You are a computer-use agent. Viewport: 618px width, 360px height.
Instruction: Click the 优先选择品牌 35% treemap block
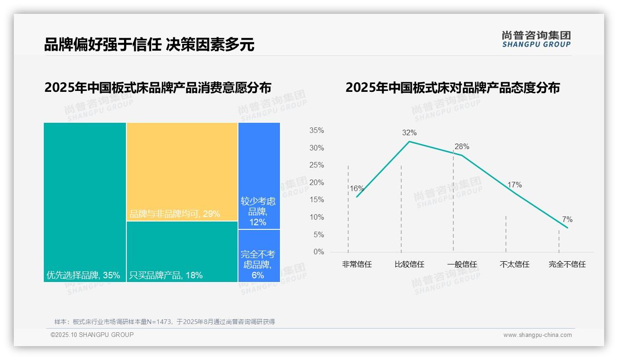point(85,202)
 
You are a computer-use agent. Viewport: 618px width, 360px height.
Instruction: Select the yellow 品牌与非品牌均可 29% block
point(182,172)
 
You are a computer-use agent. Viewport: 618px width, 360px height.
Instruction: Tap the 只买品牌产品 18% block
point(182,252)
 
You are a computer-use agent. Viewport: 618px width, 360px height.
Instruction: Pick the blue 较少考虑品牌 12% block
point(259,176)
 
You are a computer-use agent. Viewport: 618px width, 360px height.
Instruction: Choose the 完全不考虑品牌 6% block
point(259,256)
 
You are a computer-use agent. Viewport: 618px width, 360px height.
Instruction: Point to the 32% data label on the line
point(409,133)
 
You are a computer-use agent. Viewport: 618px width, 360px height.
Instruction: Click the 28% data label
point(462,147)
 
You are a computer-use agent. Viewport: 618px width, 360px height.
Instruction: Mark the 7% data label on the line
point(567,220)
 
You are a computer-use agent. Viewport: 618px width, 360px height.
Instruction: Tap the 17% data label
point(515,185)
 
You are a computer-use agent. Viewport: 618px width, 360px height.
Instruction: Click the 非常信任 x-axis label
point(357,264)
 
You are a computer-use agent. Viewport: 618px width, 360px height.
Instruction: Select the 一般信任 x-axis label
point(462,264)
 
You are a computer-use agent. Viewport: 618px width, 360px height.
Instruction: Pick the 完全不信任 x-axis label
point(567,264)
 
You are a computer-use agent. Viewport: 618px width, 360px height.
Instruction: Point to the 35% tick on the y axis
point(316,131)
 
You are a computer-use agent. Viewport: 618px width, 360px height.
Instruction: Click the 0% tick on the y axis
point(319,252)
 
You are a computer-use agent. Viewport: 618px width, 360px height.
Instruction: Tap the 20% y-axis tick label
point(316,183)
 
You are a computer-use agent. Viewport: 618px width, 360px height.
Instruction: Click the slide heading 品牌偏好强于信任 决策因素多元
point(149,44)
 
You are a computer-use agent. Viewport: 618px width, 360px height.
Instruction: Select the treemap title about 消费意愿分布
point(158,87)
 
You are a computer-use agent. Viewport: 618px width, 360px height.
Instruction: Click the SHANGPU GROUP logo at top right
point(536,39)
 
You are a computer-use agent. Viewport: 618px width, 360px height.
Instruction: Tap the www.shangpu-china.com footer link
point(537,335)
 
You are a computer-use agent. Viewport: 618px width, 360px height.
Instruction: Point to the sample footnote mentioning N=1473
point(165,322)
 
